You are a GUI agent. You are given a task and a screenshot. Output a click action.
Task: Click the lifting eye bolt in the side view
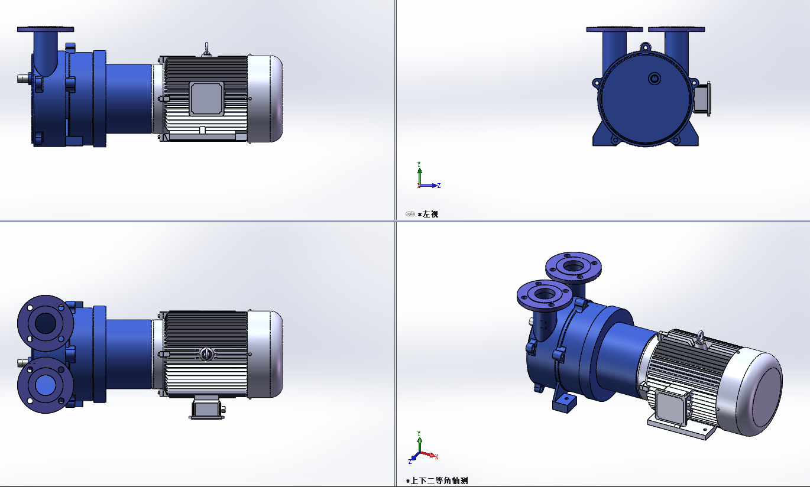pyautogui.click(x=206, y=50)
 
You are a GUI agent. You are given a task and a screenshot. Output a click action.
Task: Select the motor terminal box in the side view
pyautogui.click(x=206, y=98)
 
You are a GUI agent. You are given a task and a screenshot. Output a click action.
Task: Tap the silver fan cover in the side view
pyautogui.click(x=265, y=99)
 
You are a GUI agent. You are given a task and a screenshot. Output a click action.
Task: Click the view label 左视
pyautogui.click(x=430, y=214)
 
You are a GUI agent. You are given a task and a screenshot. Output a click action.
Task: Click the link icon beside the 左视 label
pyautogui.click(x=410, y=214)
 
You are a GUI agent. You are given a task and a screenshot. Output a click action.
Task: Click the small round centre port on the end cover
pyautogui.click(x=654, y=78)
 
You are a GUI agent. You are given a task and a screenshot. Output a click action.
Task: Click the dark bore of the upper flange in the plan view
pyautogui.click(x=45, y=323)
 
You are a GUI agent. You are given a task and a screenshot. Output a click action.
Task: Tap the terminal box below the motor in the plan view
pyautogui.click(x=207, y=408)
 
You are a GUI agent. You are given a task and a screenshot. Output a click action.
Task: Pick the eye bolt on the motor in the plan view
pyautogui.click(x=206, y=353)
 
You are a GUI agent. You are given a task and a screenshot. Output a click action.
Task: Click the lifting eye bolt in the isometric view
pyautogui.click(x=701, y=337)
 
